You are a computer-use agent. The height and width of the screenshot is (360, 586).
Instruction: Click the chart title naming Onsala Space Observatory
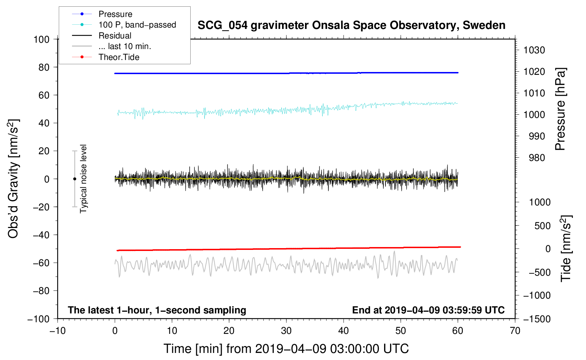(351, 25)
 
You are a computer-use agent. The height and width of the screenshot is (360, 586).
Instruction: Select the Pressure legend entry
(115, 14)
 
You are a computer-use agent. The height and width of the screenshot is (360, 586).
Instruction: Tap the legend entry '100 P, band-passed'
(137, 25)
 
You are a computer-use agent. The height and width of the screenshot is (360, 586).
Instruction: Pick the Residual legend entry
(115, 36)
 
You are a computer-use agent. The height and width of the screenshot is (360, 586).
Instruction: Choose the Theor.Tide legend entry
(119, 57)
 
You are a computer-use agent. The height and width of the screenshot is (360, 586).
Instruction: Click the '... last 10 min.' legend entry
(125, 46)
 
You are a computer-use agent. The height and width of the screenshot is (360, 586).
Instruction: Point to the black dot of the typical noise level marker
(74, 179)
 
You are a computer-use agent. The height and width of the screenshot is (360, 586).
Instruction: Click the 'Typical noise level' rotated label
(83, 179)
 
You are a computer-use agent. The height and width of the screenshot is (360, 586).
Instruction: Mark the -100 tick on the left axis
(38, 319)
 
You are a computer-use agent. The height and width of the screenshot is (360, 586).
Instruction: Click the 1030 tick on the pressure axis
(534, 50)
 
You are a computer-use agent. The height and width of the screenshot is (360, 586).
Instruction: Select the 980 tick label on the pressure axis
(537, 158)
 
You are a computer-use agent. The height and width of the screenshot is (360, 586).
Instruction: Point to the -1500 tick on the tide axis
(537, 319)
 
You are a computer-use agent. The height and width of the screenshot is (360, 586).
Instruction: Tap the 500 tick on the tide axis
(542, 226)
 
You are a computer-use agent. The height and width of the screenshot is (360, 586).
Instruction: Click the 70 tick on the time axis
(515, 331)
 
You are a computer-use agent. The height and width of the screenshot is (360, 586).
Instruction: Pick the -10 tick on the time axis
(58, 331)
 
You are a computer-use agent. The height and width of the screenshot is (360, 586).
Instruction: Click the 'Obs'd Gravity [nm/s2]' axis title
(13, 179)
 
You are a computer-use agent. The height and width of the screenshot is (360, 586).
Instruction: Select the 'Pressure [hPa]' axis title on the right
(560, 109)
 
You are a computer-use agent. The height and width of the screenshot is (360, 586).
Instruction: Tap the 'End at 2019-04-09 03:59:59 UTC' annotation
(428, 310)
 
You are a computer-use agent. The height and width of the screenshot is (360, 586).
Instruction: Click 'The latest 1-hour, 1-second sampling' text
(157, 310)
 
